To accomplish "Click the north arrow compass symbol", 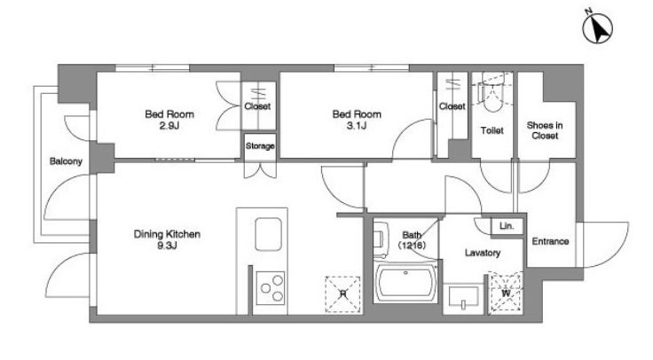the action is pos(598,27).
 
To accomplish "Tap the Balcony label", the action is pos(66,161).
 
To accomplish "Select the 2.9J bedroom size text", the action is pos(169,125).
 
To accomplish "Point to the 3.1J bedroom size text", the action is pos(357,125).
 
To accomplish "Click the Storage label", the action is pos(260,146).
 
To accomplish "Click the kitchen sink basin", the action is pos(268,234).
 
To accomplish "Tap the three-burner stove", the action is pos(271,288).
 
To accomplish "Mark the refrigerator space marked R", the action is pos(342,294).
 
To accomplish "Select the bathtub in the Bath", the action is pos(405,283).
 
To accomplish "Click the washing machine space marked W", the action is pos(506,293).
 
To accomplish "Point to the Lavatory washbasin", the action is pos(463,299).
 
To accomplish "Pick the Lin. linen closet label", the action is pos(507,226).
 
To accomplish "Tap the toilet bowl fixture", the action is pos(492,94).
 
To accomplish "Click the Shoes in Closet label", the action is pos(545,130).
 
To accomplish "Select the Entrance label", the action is pos(550,241).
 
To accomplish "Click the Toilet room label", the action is pos(492,130).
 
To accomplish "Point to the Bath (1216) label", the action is pos(412,240).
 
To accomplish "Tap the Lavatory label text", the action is pos(483,253).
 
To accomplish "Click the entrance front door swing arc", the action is pos(621,249).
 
